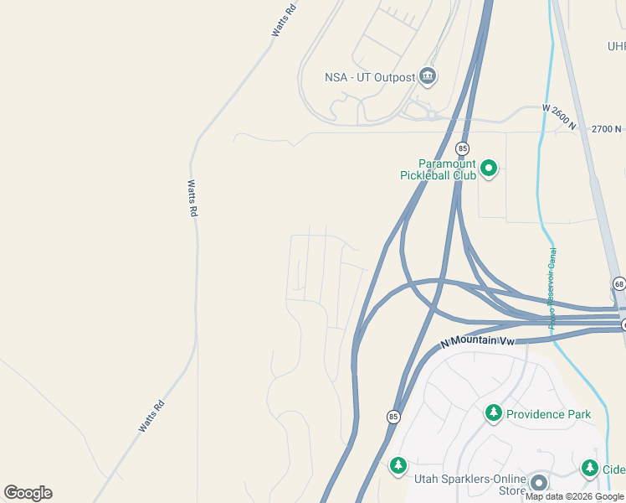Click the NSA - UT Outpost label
[370, 78]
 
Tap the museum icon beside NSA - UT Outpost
[428, 77]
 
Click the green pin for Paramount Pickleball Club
[489, 169]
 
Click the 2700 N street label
[607, 129]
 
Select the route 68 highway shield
[618, 283]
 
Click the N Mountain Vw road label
[476, 342]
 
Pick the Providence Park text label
[548, 414]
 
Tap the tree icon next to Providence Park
[494, 412]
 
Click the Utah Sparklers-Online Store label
[469, 485]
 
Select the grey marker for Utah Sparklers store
[538, 483]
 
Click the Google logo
[28, 493]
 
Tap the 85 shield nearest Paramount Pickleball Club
[462, 148]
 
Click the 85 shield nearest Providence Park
[393, 417]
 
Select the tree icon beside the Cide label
[590, 468]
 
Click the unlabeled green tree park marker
[398, 464]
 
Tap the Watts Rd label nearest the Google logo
[151, 417]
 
